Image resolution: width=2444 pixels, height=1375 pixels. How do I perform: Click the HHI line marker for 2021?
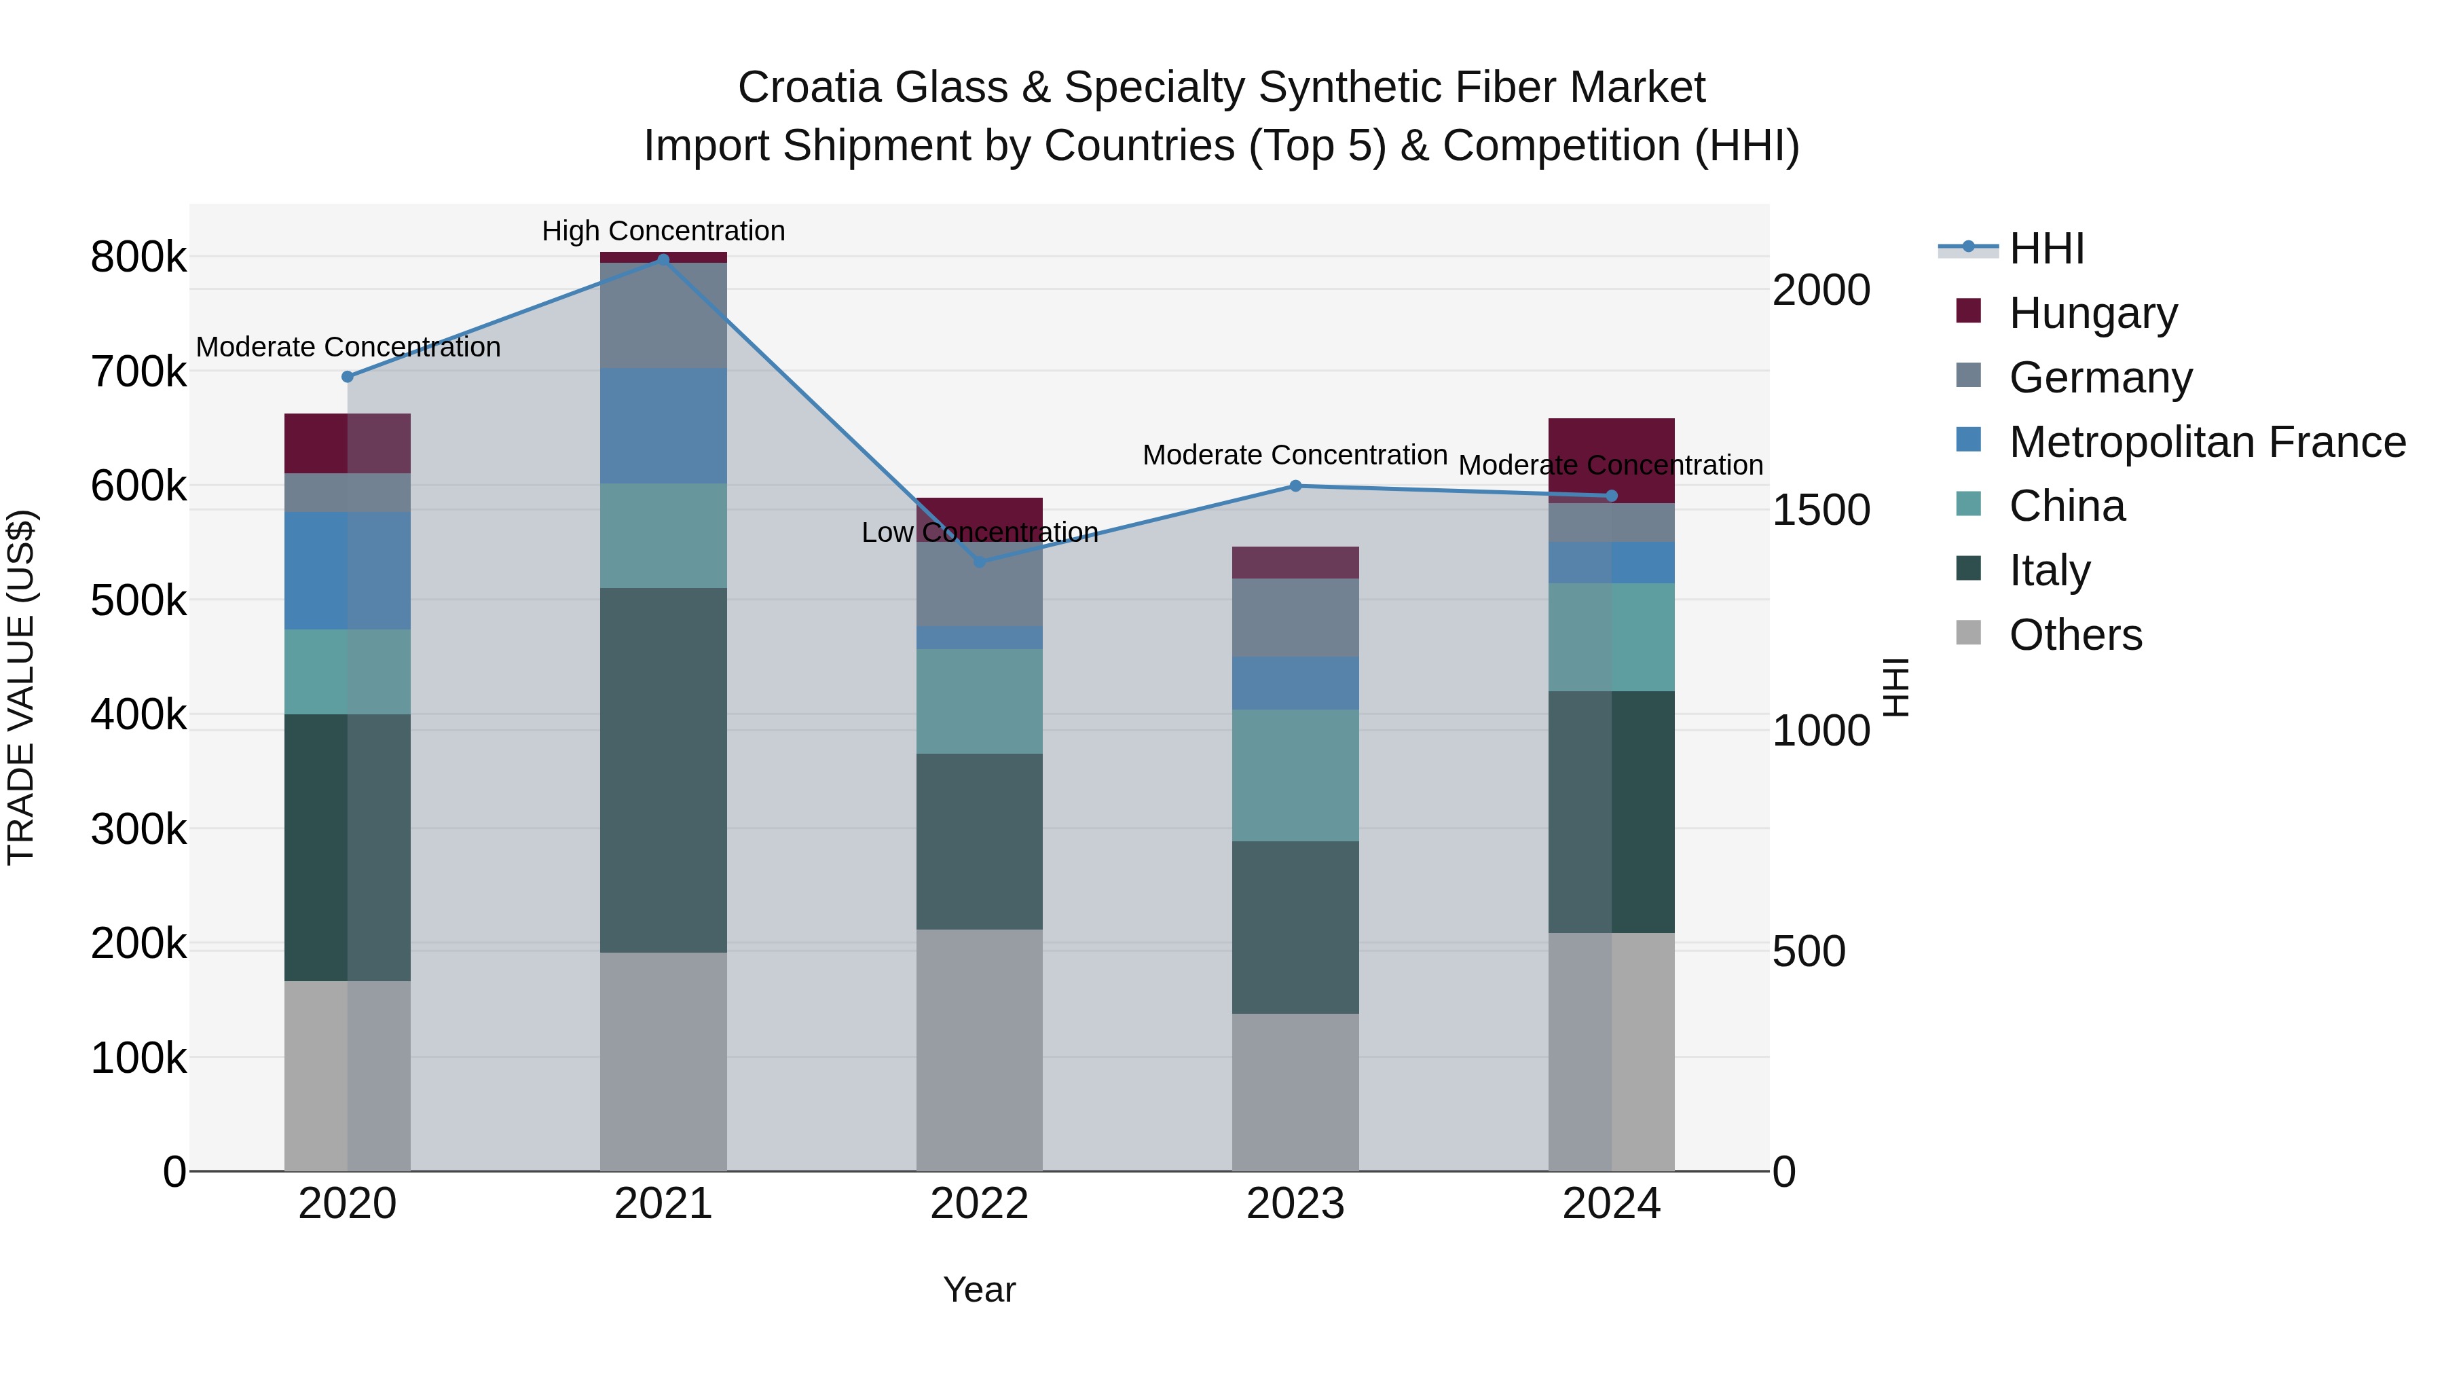click(663, 259)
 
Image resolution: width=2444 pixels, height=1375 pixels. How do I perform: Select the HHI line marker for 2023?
click(1295, 486)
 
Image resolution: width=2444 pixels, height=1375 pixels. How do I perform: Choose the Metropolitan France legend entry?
click(2206, 442)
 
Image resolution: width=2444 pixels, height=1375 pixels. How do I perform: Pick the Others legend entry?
click(2075, 635)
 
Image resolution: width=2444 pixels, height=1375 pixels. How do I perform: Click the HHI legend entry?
click(2045, 249)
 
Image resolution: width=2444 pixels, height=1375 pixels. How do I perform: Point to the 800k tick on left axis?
click(138, 257)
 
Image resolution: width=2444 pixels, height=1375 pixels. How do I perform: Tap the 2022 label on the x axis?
click(979, 1204)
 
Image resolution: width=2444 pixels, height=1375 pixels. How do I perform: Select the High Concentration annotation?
click(663, 231)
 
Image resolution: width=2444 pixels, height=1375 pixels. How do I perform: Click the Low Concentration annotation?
click(979, 532)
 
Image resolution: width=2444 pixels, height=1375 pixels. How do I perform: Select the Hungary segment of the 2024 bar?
click(1611, 460)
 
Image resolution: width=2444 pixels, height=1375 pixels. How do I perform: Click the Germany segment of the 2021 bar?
click(663, 315)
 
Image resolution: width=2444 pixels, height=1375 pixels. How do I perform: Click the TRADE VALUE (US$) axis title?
click(21, 687)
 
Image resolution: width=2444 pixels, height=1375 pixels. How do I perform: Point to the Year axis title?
click(979, 1289)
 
